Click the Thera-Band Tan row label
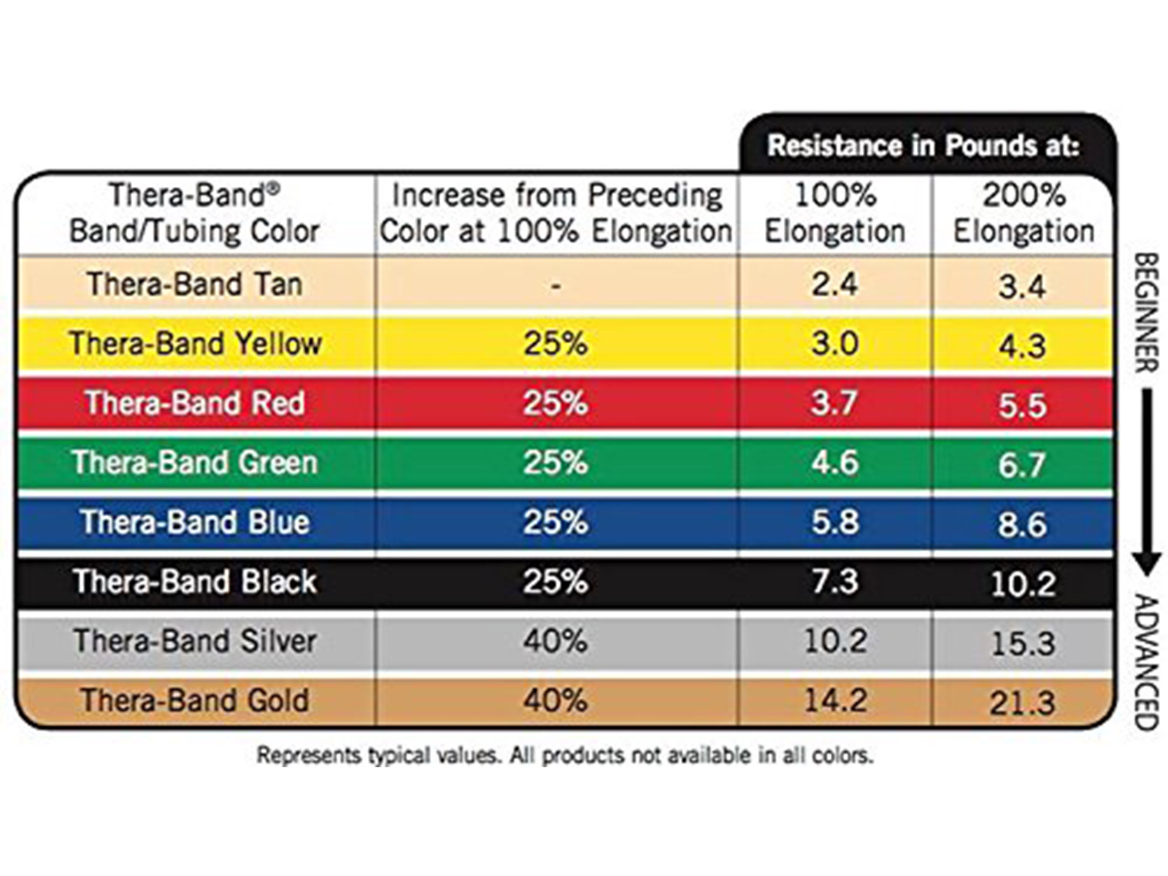click(x=194, y=284)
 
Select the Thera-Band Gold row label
click(x=194, y=700)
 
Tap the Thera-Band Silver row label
click(x=194, y=641)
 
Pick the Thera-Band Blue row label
click(x=194, y=522)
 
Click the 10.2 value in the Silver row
click(x=835, y=641)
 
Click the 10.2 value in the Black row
click(x=1023, y=583)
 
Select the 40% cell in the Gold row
click(x=555, y=700)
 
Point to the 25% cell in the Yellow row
click(x=555, y=343)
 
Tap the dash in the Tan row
click(x=556, y=286)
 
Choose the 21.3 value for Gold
click(x=1023, y=703)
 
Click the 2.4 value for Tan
click(x=835, y=284)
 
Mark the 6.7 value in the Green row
click(x=1023, y=464)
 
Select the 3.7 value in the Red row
click(x=835, y=403)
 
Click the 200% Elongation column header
click(x=1023, y=213)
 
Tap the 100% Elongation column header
click(x=835, y=213)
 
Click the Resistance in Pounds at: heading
click(x=923, y=145)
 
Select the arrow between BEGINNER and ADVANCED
click(x=1147, y=482)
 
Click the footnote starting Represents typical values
click(x=564, y=755)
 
